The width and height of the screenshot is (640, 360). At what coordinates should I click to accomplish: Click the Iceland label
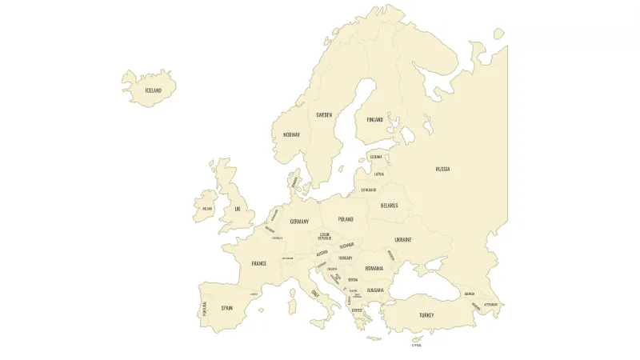[153, 90]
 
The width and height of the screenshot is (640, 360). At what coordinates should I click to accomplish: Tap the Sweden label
[324, 115]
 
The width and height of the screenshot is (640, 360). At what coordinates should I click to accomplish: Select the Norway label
[291, 134]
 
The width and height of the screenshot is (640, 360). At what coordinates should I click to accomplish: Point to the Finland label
[375, 119]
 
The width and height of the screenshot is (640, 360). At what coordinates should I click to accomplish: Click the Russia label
[442, 169]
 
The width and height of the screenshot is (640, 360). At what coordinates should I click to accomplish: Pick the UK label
[237, 209]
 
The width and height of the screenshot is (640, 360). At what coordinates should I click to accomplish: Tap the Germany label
[299, 222]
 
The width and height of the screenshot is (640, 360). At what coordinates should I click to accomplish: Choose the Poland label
[345, 219]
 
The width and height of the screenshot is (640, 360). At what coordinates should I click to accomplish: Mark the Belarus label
[389, 205]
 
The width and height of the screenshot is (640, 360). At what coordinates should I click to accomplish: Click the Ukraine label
[402, 239]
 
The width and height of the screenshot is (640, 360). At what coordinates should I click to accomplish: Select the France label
[259, 263]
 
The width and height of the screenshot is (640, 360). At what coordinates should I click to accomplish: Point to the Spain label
[227, 307]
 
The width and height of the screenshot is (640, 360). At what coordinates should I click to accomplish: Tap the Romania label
[374, 268]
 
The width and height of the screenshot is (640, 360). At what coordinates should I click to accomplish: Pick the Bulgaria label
[375, 290]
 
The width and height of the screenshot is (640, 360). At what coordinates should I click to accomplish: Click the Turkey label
[426, 315]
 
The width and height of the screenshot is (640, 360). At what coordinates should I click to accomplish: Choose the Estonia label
[376, 157]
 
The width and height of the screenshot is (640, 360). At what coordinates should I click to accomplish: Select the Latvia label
[379, 174]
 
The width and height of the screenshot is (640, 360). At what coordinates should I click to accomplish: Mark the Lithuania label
[369, 190]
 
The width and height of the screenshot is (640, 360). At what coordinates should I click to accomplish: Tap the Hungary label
[346, 258]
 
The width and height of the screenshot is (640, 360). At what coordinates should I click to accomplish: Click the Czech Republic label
[324, 236]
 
